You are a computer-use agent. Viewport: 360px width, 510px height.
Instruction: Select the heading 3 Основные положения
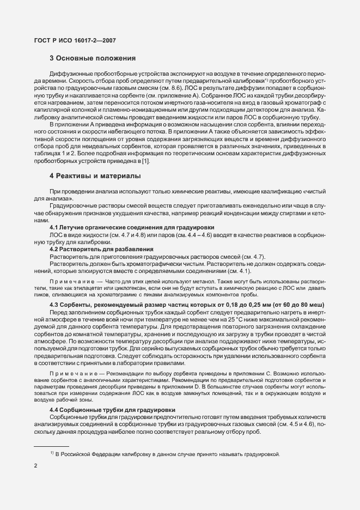[x=93, y=57]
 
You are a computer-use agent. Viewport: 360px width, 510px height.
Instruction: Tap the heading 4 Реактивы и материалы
[x=95, y=176]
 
